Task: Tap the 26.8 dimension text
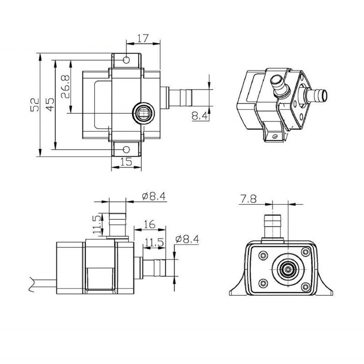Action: (65, 86)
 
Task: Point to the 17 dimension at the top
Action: (142, 38)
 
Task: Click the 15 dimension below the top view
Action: (126, 161)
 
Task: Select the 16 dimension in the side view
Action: (149, 224)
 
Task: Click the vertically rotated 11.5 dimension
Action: (97, 225)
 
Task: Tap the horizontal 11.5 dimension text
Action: (154, 243)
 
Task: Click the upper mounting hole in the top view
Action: (126, 60)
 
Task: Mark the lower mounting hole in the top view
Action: (126, 148)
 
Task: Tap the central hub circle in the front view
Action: (288, 270)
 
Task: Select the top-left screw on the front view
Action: (263, 255)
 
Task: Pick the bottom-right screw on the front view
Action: (306, 286)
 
